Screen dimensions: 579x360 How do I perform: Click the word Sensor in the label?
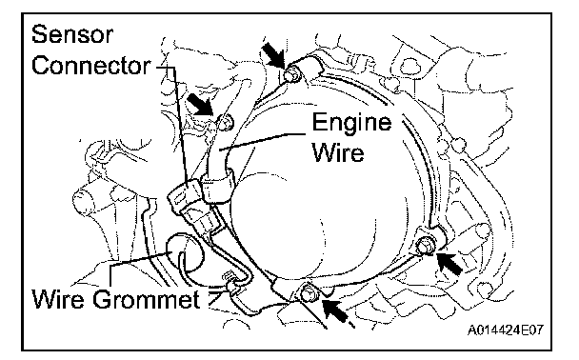pos(72,34)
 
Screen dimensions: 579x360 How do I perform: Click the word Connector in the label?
pos(91,66)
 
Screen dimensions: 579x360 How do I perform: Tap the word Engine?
pos(351,123)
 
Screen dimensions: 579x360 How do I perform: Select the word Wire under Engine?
pos(338,151)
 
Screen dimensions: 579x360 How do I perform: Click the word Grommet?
pos(147,299)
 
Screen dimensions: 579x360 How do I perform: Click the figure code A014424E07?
pos(506,330)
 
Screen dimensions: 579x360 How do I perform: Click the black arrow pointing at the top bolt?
pos(273,54)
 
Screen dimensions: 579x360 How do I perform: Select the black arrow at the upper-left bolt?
pos(201,104)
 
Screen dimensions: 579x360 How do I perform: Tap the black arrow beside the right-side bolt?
pos(449,263)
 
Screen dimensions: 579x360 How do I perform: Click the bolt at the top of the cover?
pos(292,74)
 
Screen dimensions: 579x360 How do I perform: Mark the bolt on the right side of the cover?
pos(426,245)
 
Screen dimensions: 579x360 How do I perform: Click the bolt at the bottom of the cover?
pos(306,293)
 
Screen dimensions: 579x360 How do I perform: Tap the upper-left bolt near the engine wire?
pos(226,122)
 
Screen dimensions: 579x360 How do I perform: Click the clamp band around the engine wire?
pos(218,187)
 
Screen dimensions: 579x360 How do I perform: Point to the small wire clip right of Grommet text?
pos(230,284)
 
